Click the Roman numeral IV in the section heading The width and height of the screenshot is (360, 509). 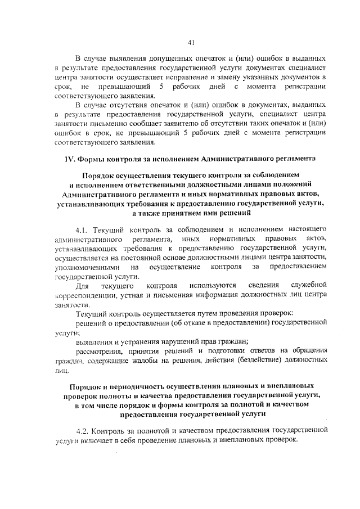point(69,159)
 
